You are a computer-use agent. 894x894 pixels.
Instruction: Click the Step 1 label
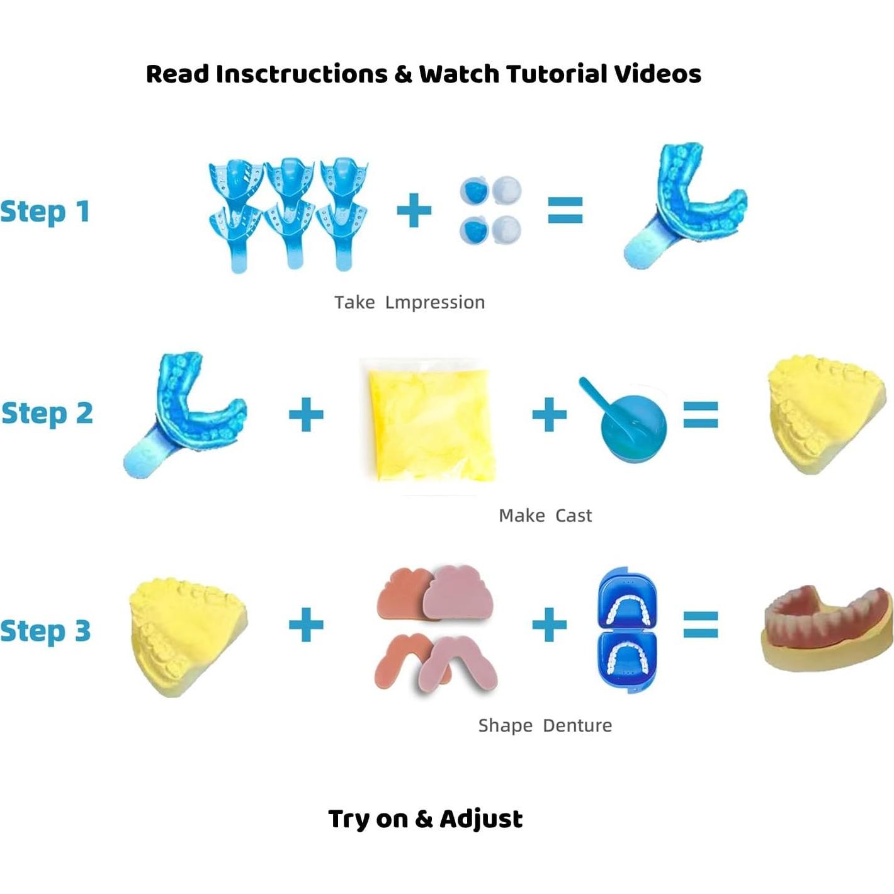tap(45, 212)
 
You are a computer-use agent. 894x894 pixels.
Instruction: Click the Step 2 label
tap(47, 414)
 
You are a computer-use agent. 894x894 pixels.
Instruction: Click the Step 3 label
tap(45, 631)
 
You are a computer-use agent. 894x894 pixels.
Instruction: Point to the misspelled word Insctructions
tap(302, 74)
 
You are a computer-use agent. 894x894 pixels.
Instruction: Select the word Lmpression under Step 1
tap(435, 302)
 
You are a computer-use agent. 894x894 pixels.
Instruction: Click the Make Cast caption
tap(545, 516)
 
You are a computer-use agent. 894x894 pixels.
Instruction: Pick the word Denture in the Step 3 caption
tap(577, 725)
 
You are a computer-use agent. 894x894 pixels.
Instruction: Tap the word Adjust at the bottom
tap(482, 819)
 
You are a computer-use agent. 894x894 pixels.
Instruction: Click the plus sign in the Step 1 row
tap(414, 210)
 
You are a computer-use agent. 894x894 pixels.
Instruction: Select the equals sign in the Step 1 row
tap(565, 210)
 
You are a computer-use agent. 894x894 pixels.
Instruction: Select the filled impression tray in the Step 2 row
tap(186, 416)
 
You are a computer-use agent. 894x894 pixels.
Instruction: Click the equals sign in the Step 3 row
tap(701, 624)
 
